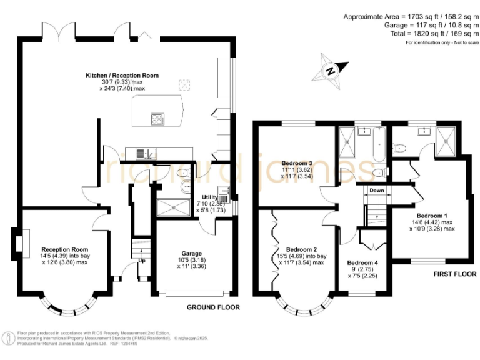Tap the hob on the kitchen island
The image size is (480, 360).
(157, 118)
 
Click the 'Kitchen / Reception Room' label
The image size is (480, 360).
(122, 75)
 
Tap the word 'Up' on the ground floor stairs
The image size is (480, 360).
(142, 261)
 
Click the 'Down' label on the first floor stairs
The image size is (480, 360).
(377, 190)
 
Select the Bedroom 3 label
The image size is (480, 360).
(297, 161)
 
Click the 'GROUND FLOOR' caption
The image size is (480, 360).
(213, 307)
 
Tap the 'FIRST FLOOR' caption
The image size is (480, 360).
(454, 274)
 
